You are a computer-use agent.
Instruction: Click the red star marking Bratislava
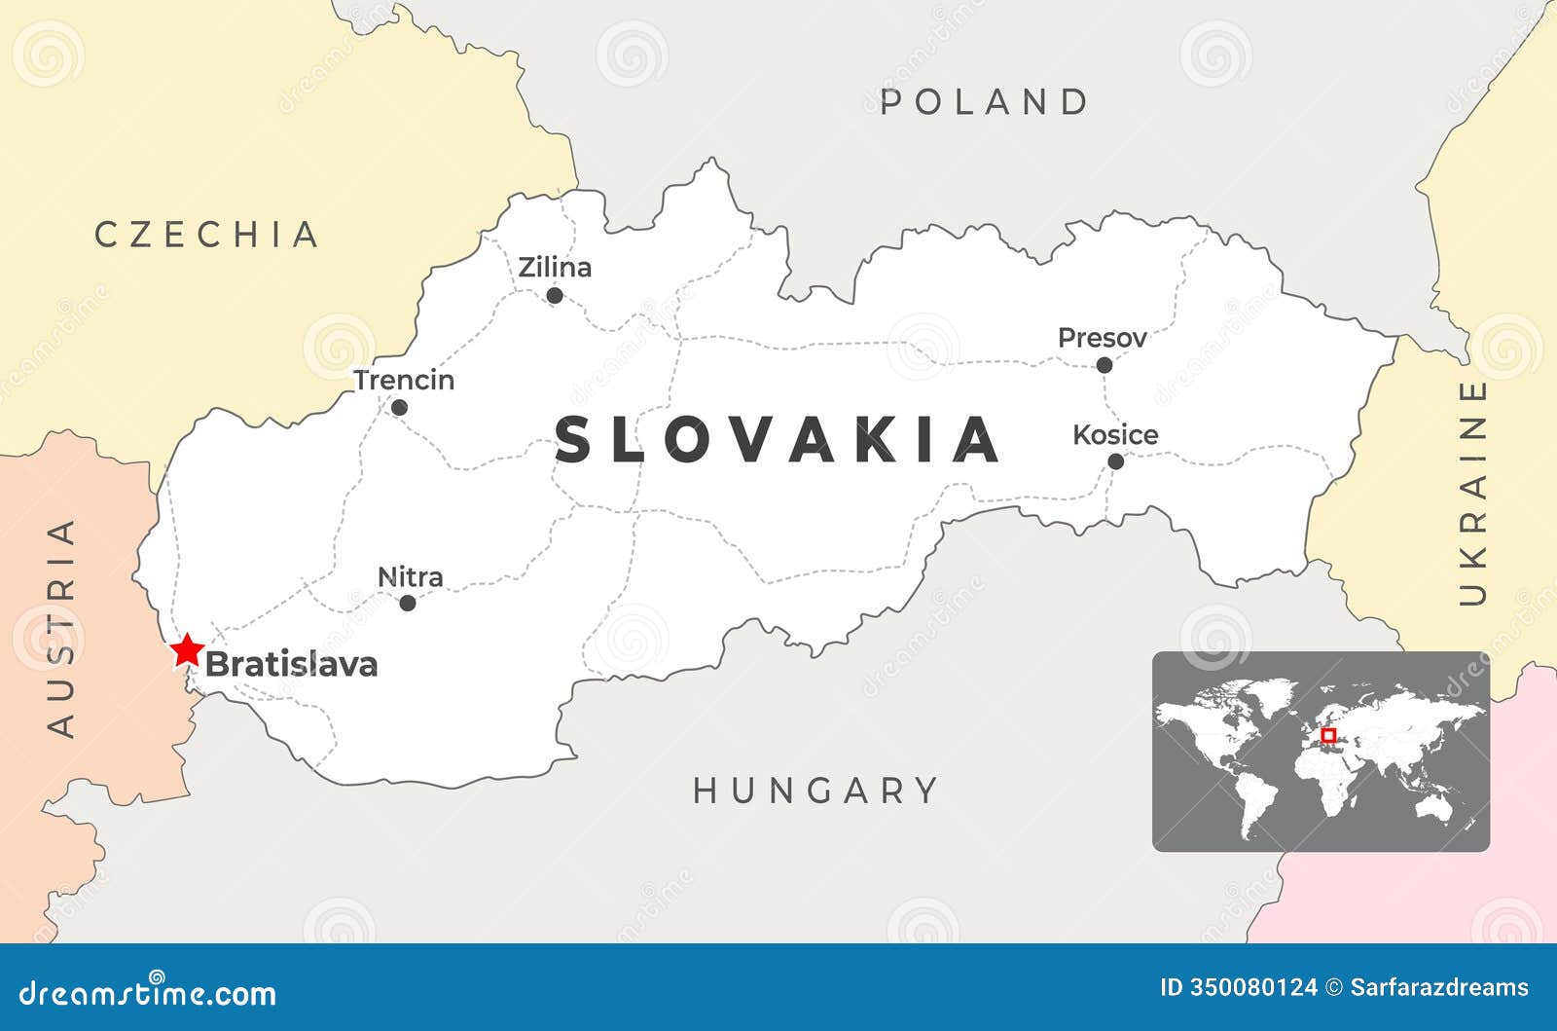tap(187, 649)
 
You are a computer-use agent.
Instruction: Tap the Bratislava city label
tap(291, 664)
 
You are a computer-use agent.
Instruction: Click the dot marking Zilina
tap(555, 295)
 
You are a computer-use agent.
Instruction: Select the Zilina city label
tap(555, 267)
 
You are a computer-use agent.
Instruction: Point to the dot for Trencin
tap(399, 407)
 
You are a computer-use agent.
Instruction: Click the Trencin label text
tap(404, 380)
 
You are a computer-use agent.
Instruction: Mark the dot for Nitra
tap(408, 603)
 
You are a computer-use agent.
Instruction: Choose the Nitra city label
tap(410, 576)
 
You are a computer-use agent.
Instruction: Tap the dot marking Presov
tap(1104, 365)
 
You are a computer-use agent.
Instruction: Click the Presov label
tap(1102, 338)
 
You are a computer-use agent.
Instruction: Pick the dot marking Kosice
tap(1116, 460)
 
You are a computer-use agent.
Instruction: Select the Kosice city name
tap(1115, 434)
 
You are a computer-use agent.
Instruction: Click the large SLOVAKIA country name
tap(778, 439)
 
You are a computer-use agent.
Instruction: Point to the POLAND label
tap(985, 102)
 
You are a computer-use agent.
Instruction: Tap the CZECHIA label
tap(207, 235)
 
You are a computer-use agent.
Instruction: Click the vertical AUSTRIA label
tap(61, 627)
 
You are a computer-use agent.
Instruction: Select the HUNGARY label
tap(815, 791)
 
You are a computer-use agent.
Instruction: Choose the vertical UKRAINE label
tap(1474, 493)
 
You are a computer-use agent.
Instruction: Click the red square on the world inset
tap(1328, 735)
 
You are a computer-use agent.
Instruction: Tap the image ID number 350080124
tap(1252, 987)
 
